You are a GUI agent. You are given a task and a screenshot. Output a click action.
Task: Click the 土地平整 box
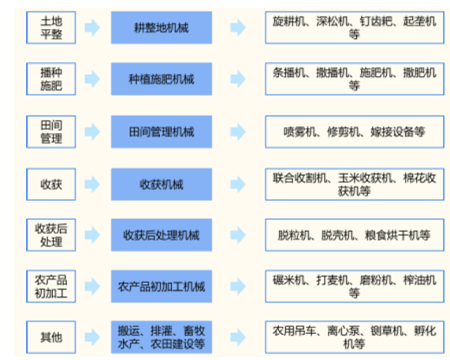coord(51,28)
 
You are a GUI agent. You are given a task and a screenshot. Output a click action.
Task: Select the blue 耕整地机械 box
coord(162,28)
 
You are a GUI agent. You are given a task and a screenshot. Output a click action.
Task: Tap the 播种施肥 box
coord(51,79)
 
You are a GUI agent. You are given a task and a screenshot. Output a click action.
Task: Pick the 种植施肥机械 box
coord(162,79)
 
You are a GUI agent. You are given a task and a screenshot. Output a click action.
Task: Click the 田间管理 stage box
coord(51,132)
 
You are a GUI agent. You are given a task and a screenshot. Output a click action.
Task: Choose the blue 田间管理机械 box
coord(162,132)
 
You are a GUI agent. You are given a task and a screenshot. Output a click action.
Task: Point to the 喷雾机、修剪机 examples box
coord(355,132)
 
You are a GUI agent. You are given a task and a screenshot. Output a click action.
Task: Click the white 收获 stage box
coord(51,184)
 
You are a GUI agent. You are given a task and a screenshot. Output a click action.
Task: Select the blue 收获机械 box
coord(162,184)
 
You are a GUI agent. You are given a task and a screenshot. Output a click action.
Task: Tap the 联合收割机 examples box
coord(355,184)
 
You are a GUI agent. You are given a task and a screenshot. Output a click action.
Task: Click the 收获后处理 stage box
coord(51,235)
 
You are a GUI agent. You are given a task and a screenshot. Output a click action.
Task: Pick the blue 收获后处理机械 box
coord(162,235)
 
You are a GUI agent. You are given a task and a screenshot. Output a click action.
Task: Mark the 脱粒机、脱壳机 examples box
coord(355,235)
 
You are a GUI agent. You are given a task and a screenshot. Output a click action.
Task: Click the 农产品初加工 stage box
coord(51,286)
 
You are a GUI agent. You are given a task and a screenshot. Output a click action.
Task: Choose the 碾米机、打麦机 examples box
coord(355,286)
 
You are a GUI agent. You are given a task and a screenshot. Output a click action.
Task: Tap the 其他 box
coord(51,337)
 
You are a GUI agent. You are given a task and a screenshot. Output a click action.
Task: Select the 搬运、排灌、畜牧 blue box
coord(162,337)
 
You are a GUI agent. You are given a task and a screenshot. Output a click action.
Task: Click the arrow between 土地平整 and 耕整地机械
coord(92,28)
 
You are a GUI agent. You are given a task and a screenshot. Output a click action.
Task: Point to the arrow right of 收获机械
coord(238,184)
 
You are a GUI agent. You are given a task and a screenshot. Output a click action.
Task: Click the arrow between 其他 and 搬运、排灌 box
coord(92,337)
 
